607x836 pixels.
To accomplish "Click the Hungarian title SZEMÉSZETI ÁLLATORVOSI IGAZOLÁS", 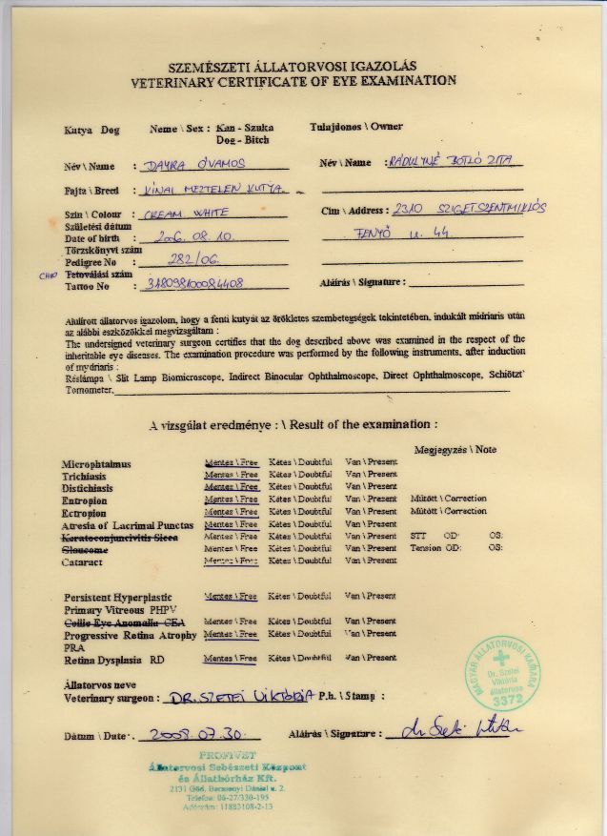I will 293,66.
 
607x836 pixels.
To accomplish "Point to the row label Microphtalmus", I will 95,462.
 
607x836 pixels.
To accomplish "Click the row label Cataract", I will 83,562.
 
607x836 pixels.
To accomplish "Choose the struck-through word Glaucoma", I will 86,550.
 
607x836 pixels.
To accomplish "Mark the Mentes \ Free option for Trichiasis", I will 231,474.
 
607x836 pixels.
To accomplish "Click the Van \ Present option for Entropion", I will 371,499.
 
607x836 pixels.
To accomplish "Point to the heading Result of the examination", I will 357,423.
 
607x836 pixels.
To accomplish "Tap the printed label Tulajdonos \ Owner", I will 355,126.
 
